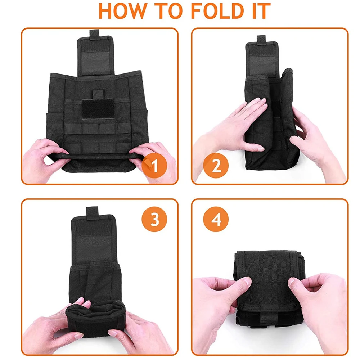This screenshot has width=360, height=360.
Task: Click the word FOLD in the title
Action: (217, 11)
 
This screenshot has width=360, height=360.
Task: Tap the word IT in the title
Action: (261, 11)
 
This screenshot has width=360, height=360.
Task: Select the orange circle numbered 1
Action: (154, 165)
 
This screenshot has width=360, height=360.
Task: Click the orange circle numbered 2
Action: (216, 165)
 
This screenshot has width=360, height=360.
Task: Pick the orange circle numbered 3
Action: (154, 219)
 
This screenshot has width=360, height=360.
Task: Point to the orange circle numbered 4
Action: (216, 219)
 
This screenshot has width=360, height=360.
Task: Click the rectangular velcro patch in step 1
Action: (98, 109)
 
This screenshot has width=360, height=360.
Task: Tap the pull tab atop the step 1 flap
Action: (94, 33)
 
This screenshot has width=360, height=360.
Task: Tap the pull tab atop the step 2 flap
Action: (261, 40)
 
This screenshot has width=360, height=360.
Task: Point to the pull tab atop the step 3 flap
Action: (92, 211)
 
